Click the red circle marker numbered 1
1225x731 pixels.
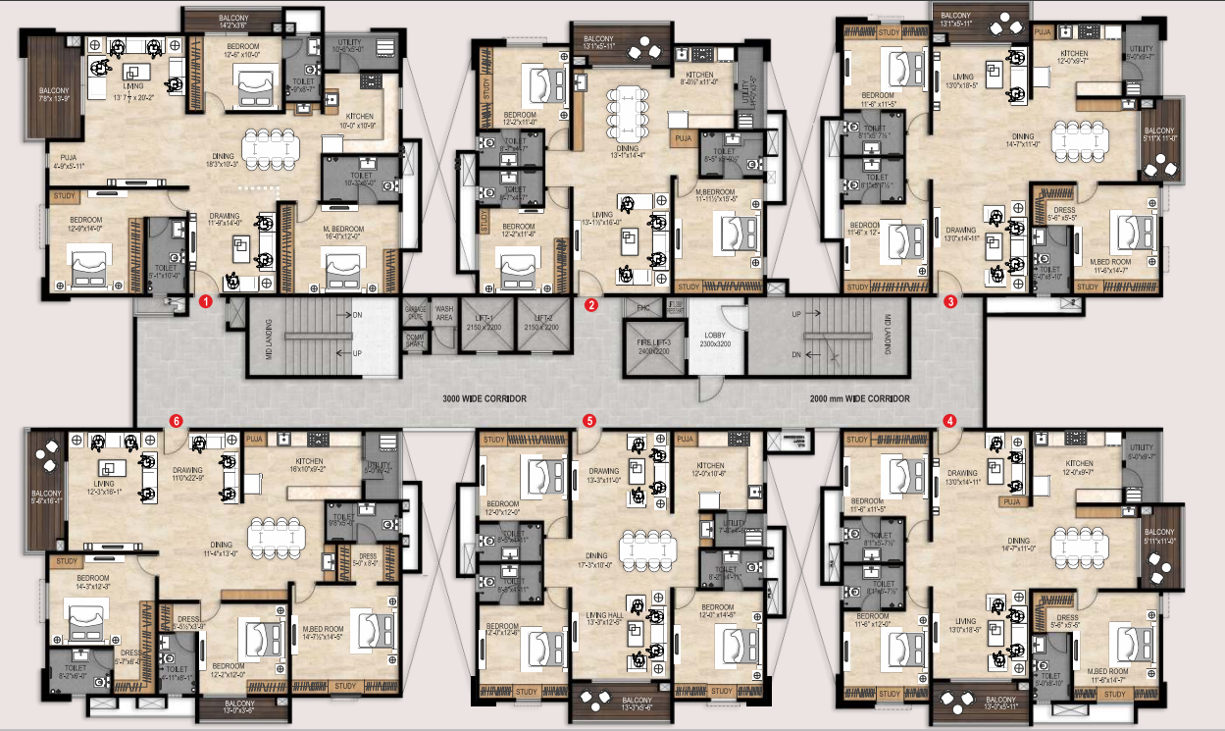click(x=206, y=302)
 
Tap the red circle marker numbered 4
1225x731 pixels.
click(x=949, y=421)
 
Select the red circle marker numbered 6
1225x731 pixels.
click(x=176, y=421)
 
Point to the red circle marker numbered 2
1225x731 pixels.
click(x=590, y=304)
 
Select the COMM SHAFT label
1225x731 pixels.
click(x=415, y=340)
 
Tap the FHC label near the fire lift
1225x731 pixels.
click(x=643, y=308)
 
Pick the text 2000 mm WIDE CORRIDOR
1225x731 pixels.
click(x=859, y=399)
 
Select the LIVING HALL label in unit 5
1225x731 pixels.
click(x=604, y=615)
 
